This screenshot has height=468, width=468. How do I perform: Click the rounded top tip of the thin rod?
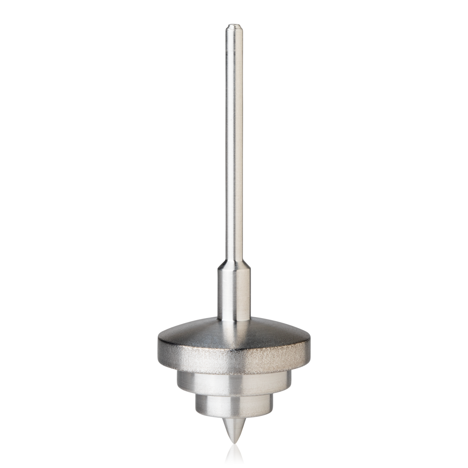[234, 26]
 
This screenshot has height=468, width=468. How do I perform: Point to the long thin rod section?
[234, 143]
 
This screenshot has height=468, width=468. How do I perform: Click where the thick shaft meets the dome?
[234, 320]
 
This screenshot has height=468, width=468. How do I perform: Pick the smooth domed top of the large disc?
[234, 331]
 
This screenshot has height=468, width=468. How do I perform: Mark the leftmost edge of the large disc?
[159, 349]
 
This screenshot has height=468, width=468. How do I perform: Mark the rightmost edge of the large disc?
[309, 349]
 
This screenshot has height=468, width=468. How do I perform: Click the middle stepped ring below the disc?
[234, 384]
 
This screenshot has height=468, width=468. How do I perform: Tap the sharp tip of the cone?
[234, 443]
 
